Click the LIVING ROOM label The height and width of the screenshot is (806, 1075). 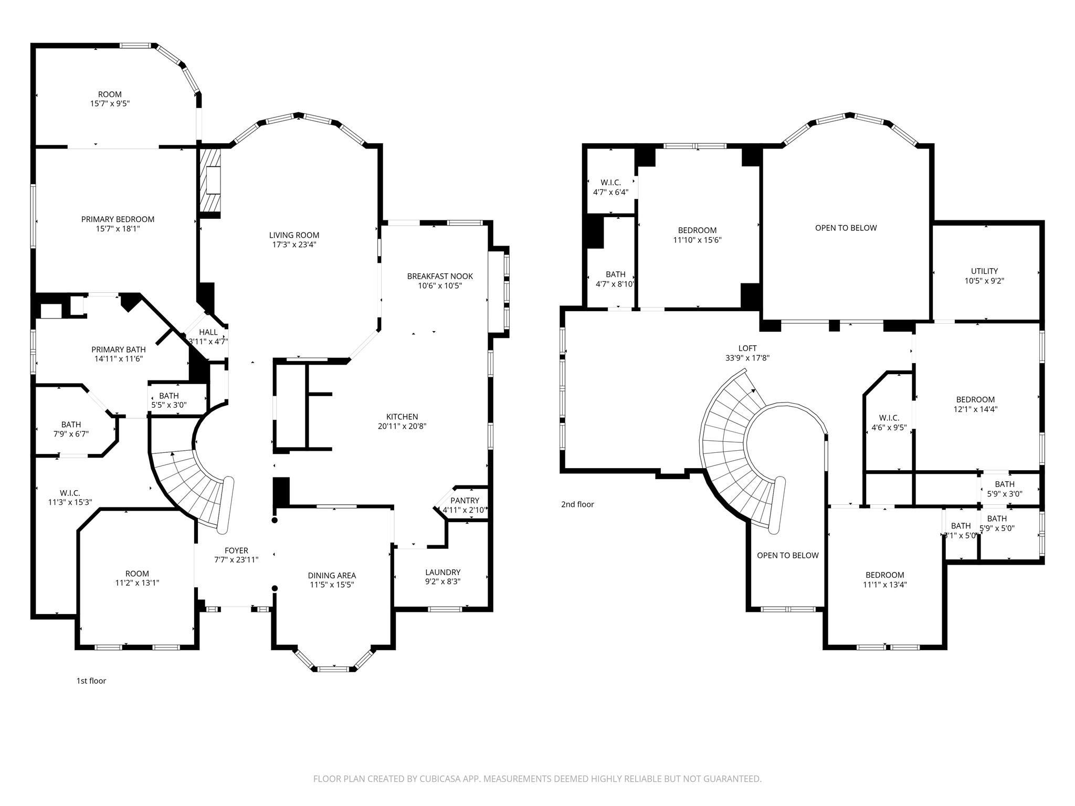point(294,235)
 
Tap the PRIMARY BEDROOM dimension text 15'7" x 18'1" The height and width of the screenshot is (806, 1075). point(118,229)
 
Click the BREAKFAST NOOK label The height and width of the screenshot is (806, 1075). point(440,276)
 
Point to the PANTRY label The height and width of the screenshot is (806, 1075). point(465,501)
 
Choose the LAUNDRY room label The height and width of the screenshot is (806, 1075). point(442,572)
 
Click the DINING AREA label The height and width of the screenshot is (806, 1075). point(332,576)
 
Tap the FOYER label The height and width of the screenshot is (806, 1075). point(236,550)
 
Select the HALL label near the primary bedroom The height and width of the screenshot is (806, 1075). point(208,332)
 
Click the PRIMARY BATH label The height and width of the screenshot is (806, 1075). point(119,349)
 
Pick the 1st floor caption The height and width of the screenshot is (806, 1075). point(91,681)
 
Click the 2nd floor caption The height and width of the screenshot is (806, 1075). point(577,504)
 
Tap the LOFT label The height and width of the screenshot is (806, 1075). point(747,348)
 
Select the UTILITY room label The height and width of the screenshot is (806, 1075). point(984,271)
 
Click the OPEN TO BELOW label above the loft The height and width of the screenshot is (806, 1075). point(846,228)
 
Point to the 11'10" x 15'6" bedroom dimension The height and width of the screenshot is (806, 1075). point(697,240)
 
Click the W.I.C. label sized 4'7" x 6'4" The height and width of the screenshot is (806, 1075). point(610,183)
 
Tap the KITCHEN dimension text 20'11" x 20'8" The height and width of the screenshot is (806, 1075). point(402,426)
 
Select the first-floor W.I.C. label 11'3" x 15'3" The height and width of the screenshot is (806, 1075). point(70,493)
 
